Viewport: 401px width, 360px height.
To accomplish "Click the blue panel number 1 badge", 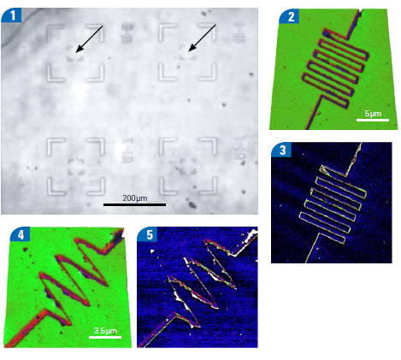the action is click(12, 15).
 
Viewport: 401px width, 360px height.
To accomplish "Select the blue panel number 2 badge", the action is click(289, 16).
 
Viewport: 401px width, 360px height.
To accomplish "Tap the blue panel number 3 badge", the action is click(281, 150).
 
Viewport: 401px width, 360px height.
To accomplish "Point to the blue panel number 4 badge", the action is click(20, 235).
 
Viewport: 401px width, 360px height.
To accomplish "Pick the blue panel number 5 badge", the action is click(148, 235).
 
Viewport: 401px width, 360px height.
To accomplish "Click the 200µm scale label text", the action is click(135, 198).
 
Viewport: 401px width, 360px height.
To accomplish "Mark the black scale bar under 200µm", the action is click(134, 204).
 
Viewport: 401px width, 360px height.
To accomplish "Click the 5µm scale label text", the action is click(373, 114).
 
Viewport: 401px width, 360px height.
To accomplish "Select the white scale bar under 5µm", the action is click(373, 120).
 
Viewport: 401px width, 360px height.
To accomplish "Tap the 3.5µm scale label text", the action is click(105, 331).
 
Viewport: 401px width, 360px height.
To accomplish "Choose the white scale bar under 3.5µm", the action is click(105, 337).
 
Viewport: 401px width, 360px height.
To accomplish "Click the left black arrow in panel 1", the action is click(89, 38).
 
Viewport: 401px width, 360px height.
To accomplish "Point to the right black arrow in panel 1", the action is click(202, 38).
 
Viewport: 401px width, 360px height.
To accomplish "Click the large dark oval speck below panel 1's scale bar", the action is click(192, 204).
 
